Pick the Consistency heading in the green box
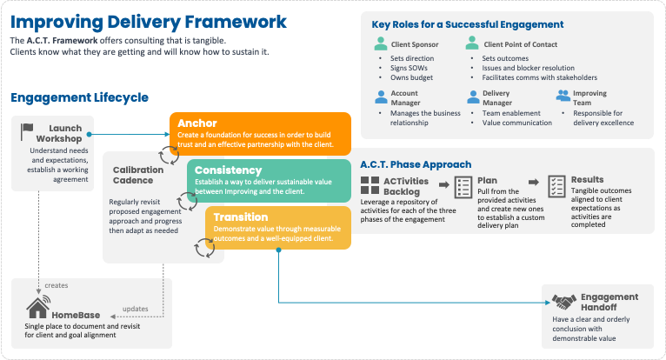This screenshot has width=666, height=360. [x=228, y=169]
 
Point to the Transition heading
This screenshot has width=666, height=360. [x=240, y=217]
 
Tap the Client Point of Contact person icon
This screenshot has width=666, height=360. [x=472, y=43]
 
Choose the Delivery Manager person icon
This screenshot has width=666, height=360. [x=472, y=97]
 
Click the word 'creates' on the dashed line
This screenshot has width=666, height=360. [x=57, y=285]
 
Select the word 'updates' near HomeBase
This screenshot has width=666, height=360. [x=136, y=308]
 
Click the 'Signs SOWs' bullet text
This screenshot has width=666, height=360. [x=411, y=68]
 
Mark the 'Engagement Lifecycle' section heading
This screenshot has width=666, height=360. [x=80, y=97]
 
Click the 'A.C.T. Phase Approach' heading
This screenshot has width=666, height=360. [x=416, y=163]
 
